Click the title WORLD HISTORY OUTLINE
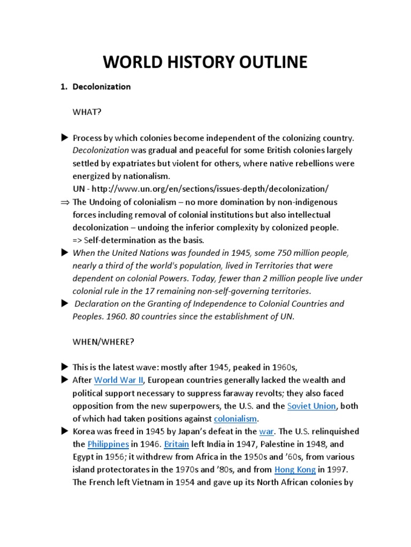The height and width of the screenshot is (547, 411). [x=205, y=62]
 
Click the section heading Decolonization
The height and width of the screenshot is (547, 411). [x=102, y=87]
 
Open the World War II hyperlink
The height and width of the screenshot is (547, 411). [x=118, y=380]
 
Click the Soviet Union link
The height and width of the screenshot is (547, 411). [x=311, y=406]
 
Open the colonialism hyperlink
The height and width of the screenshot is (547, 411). [x=235, y=419]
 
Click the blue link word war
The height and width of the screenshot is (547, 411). [x=266, y=432]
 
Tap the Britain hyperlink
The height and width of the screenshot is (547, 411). [x=176, y=444]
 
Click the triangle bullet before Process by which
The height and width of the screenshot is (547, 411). [x=65, y=138]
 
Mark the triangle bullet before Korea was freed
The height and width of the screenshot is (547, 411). [x=65, y=431]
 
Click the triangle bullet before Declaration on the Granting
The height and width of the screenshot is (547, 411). [x=65, y=303]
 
